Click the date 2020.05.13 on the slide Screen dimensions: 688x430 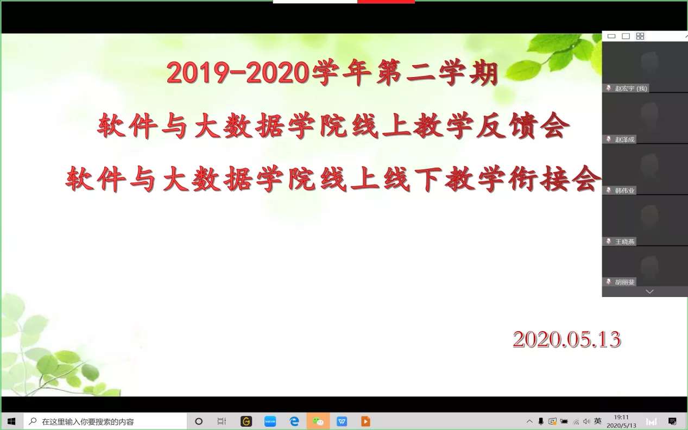tap(567, 339)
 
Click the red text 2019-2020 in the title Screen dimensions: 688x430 tap(238, 73)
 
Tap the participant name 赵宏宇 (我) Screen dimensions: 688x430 tap(631, 88)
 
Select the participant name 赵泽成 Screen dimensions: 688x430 tap(624, 140)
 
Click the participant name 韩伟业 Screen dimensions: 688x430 tap(624, 191)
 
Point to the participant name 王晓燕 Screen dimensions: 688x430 tap(624, 242)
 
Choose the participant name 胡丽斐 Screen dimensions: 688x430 tap(624, 282)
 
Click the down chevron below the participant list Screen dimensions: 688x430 tap(649, 291)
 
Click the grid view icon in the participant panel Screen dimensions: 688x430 tap(640, 36)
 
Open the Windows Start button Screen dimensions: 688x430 tap(11, 421)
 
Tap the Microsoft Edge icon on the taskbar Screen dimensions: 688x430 tap(294, 421)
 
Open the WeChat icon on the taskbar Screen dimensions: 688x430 tap(318, 421)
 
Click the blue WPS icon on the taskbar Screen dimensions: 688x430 tap(342, 421)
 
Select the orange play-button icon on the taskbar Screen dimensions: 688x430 tap(365, 421)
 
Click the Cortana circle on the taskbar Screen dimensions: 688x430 tap(199, 421)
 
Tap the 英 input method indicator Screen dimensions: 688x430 tap(598, 421)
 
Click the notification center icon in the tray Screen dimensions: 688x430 tap(672, 421)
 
